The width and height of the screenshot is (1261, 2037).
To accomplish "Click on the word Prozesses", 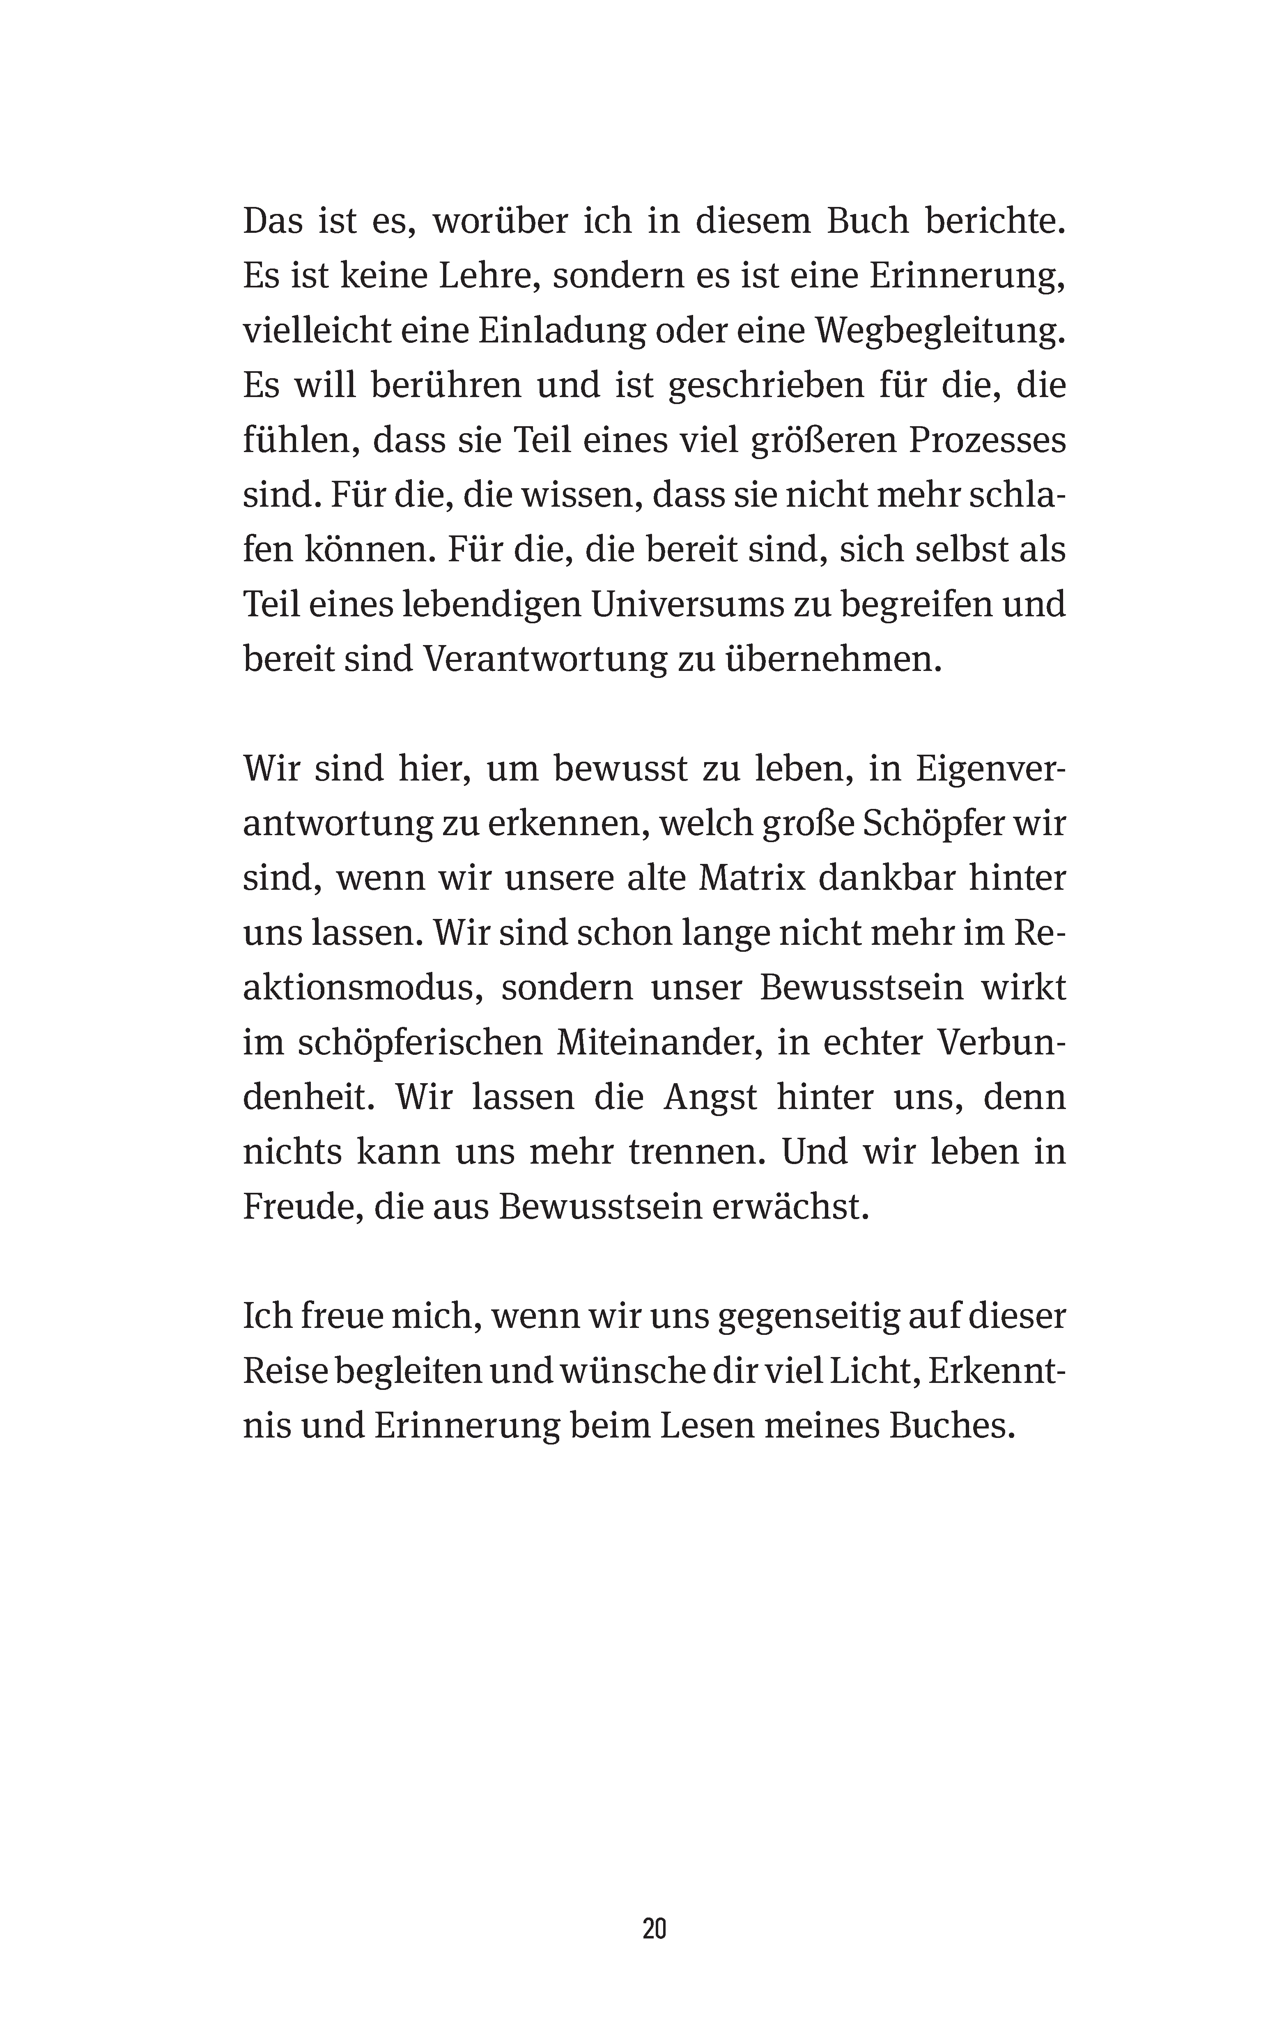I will [987, 440].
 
